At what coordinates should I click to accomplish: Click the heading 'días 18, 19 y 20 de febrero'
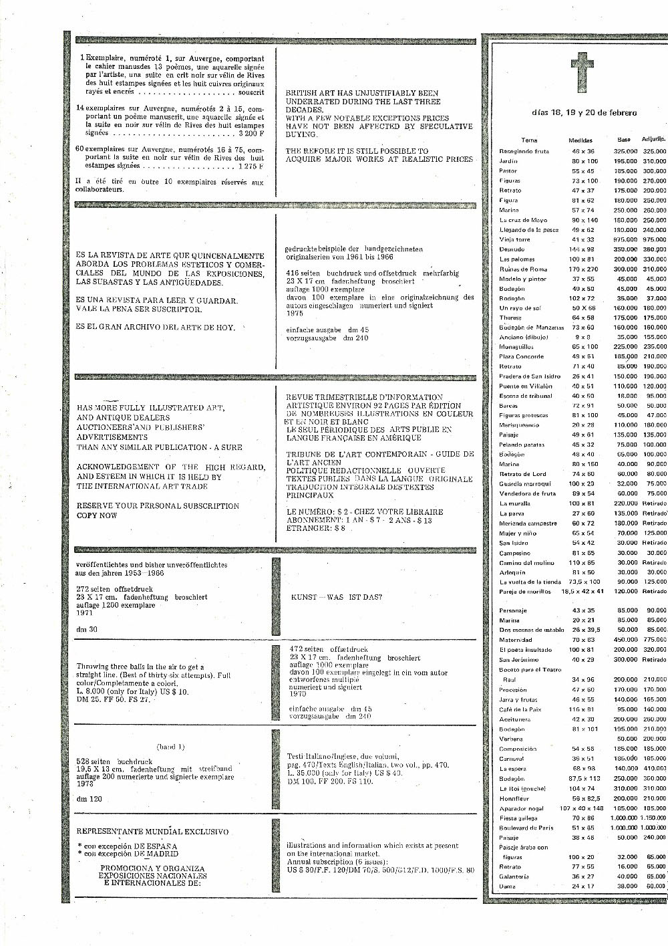[584, 112]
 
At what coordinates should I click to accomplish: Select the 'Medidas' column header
[580, 140]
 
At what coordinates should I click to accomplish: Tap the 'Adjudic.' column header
[653, 140]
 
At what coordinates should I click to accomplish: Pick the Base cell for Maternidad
[625, 640]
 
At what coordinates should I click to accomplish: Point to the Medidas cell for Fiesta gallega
[581, 818]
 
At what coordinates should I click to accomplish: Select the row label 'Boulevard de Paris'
[526, 828]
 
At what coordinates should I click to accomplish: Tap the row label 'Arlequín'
[512, 572]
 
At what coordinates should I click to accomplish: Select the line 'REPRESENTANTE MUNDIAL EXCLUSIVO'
[152, 832]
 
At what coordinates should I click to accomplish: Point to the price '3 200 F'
[246, 133]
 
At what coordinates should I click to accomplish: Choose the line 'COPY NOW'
[97, 515]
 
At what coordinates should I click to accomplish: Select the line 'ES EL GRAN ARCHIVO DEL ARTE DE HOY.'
[156, 327]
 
